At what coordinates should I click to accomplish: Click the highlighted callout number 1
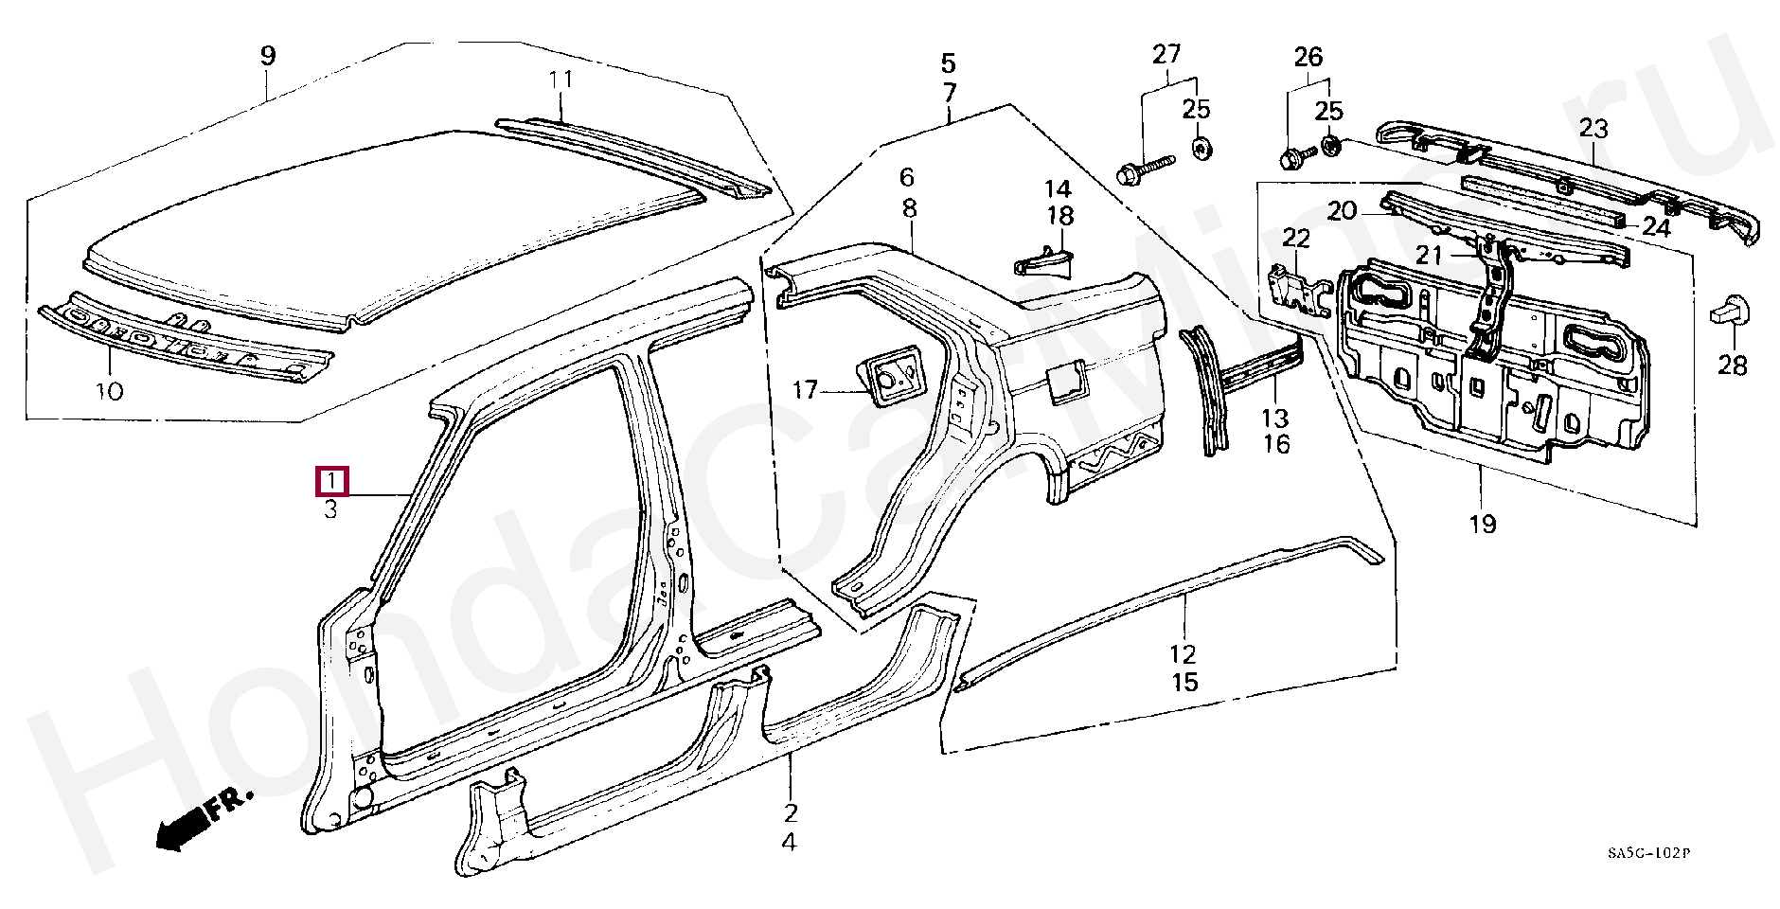tap(331, 482)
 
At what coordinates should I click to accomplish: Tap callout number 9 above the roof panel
tap(268, 56)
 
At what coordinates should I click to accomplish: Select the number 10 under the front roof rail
tap(110, 390)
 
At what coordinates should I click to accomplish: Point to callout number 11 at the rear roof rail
tap(561, 80)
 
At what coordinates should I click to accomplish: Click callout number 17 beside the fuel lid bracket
tap(805, 390)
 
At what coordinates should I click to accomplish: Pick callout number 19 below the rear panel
tap(1483, 523)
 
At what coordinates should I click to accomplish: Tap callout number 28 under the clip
tap(1732, 365)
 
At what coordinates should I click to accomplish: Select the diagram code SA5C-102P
tap(1648, 853)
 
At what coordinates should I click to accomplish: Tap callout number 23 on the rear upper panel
tap(1593, 128)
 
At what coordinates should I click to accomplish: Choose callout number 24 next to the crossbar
tap(1656, 227)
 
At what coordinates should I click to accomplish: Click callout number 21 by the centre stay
tap(1429, 255)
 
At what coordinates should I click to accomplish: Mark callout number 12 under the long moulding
tap(1183, 653)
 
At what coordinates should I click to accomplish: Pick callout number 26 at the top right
tap(1308, 57)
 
